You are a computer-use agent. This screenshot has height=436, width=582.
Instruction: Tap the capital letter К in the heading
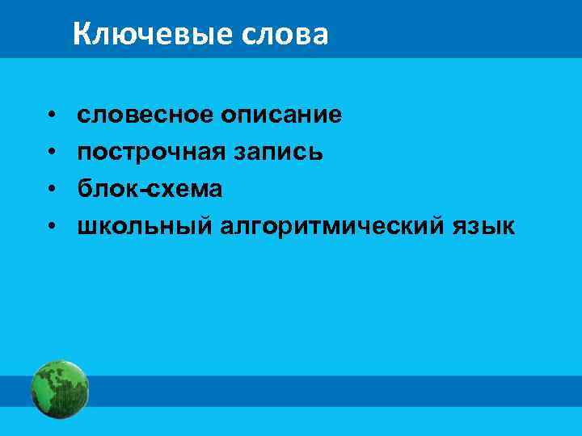(x=82, y=34)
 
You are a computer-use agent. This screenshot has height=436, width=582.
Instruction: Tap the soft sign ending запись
(x=318, y=153)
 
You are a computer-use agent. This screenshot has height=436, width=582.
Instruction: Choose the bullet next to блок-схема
(x=50, y=191)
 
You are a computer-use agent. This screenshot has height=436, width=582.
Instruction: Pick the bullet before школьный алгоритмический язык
(x=50, y=228)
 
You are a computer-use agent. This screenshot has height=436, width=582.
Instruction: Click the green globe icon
(x=59, y=389)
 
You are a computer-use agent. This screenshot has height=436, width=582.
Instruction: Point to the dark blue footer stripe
(x=323, y=391)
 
